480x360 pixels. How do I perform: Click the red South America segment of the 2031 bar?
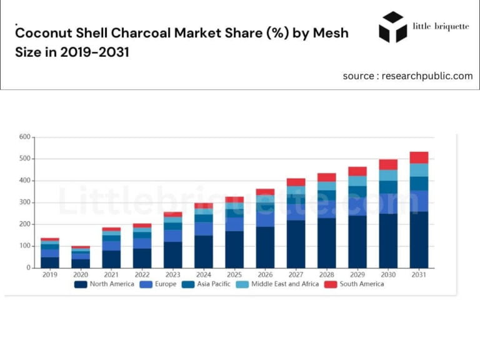pyautogui.click(x=419, y=157)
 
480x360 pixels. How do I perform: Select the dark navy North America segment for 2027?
pyautogui.click(x=296, y=244)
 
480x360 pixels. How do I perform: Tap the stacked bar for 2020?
pyautogui.click(x=81, y=257)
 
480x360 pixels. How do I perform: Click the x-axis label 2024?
pyautogui.click(x=203, y=274)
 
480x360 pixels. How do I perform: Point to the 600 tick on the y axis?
pyautogui.click(x=24, y=137)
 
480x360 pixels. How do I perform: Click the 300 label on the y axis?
pyautogui.click(x=24, y=202)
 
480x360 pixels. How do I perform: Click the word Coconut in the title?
pyautogui.click(x=46, y=32)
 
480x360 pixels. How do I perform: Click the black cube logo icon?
pyautogui.click(x=393, y=27)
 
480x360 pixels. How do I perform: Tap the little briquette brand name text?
pyautogui.click(x=441, y=26)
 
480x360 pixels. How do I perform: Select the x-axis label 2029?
pyautogui.click(x=357, y=274)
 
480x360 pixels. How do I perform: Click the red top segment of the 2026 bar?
pyautogui.click(x=265, y=192)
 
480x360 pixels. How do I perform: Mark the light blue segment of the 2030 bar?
pyautogui.click(x=388, y=175)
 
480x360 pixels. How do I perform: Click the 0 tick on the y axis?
pyautogui.click(x=28, y=268)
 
